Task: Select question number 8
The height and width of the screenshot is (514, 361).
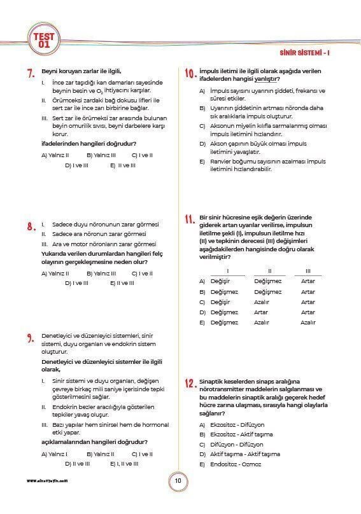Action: point(30,226)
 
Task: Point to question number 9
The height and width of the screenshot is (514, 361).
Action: point(30,338)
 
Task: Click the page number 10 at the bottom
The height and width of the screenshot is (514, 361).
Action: point(178,480)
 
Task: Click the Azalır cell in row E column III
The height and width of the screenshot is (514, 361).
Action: point(308,323)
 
